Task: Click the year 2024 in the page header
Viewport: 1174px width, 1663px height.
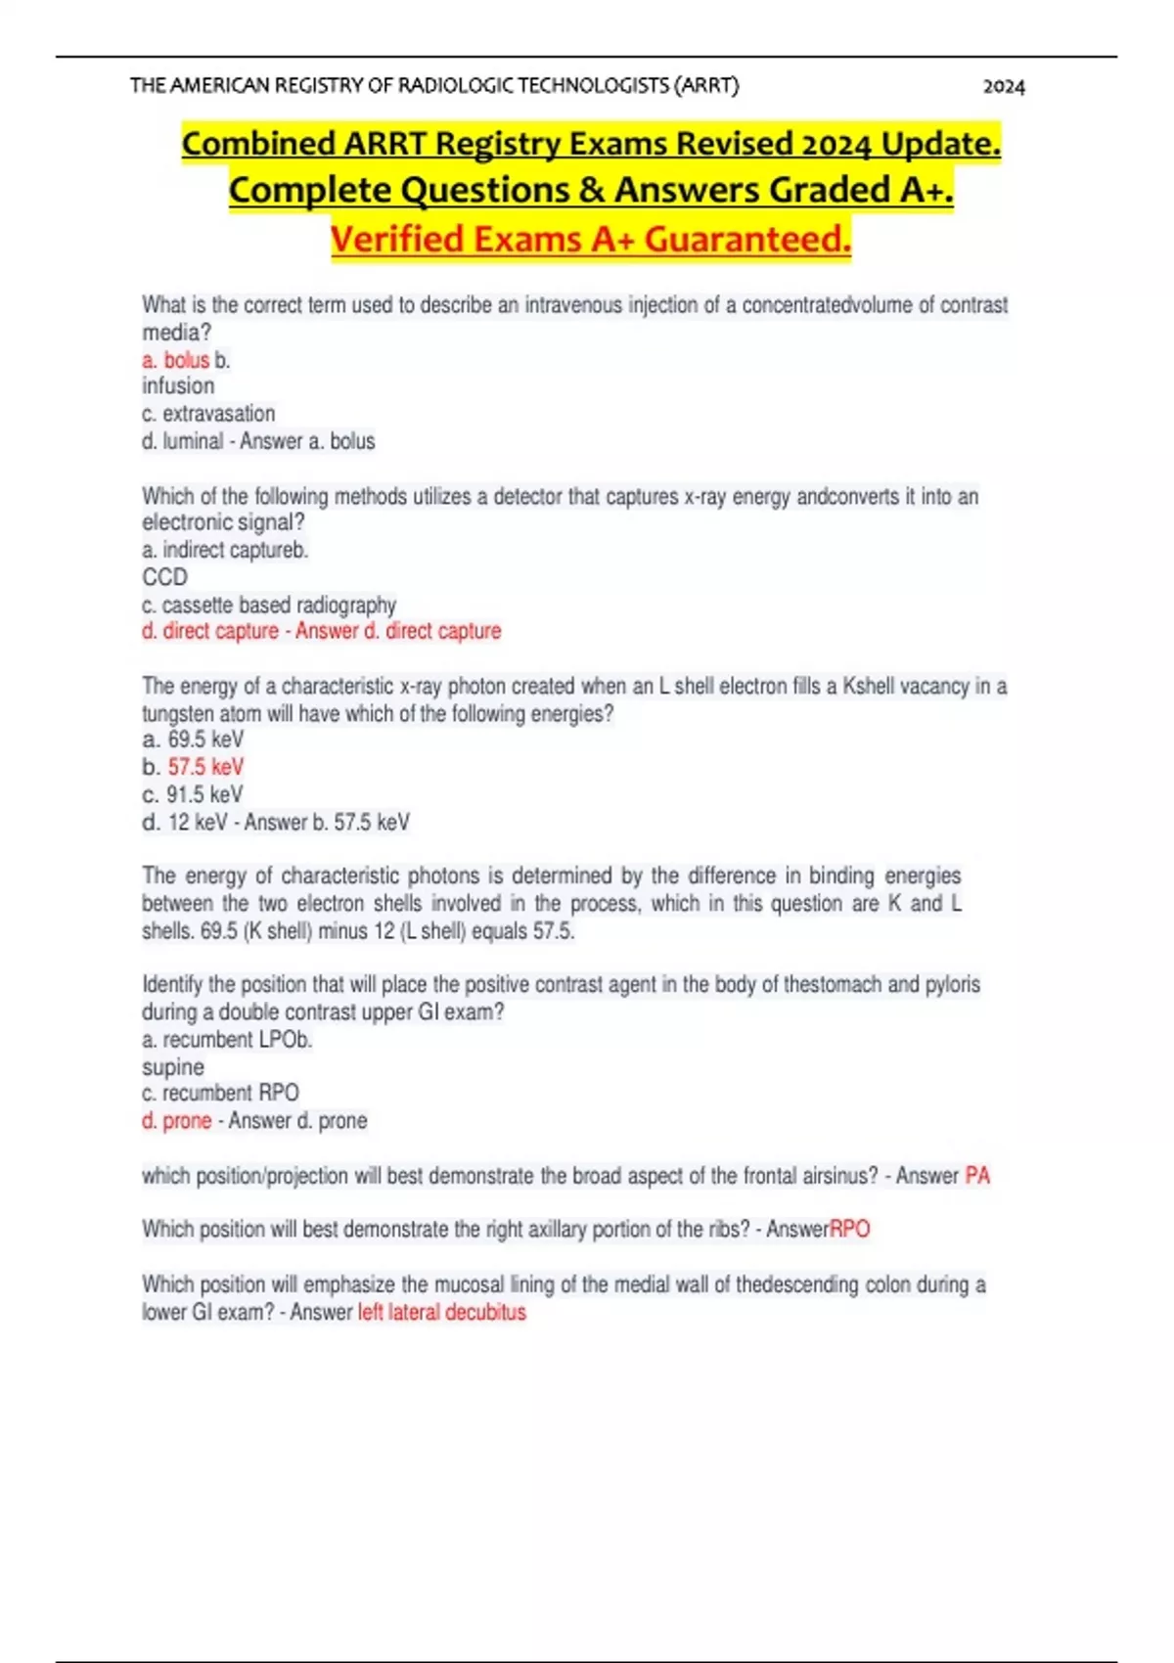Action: coord(1004,87)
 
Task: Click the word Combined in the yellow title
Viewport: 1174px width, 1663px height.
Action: coord(259,144)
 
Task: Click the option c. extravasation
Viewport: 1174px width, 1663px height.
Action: coord(208,414)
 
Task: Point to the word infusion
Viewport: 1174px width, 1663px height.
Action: coord(178,386)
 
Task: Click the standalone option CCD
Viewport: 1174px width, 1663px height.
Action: coord(164,577)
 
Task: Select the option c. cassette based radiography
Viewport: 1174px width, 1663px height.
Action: coord(269,605)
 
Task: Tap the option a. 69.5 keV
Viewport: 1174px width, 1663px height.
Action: coord(193,740)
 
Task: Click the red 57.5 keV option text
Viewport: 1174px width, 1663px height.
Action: coord(205,767)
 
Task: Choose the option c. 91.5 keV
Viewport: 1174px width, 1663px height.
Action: coord(193,794)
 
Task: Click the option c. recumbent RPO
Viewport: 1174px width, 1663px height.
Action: coord(220,1093)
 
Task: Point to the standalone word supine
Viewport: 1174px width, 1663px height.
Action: coord(173,1067)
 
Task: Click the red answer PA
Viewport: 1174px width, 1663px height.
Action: coord(977,1176)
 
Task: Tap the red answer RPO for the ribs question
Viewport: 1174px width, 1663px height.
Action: coord(850,1230)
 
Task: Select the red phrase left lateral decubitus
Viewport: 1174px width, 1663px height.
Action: coord(442,1313)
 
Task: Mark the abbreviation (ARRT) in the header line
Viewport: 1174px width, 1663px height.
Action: coord(706,86)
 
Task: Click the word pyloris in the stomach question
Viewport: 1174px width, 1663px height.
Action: coord(952,984)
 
